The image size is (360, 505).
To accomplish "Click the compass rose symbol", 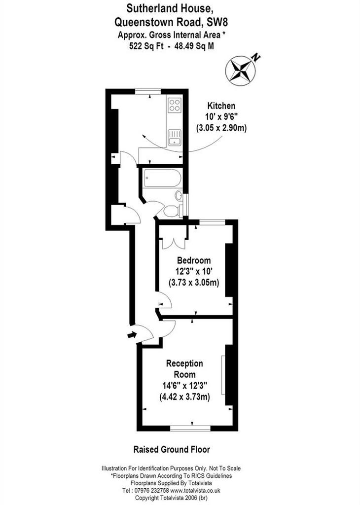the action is pos(241,71).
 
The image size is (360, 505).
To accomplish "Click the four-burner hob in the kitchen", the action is pos(175,105).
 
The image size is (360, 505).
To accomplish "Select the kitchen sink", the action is pos(175,138).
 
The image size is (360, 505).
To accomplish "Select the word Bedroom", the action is pos(194,260).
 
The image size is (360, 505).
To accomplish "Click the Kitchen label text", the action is pos(221,106).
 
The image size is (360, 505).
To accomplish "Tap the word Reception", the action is pos(184,363).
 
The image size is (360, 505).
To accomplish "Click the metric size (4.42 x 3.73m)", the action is pos(184,397).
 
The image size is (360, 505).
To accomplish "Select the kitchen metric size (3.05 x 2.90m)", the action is pos(221,128).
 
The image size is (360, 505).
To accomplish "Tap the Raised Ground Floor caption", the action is pos(172,449).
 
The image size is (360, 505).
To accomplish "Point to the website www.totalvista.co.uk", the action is pos(195,491).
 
